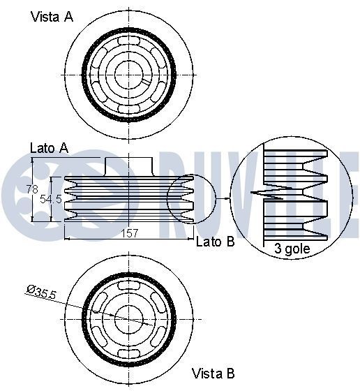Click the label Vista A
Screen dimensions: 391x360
click(x=52, y=17)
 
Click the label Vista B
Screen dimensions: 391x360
click(x=213, y=374)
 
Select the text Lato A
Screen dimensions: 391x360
click(x=49, y=147)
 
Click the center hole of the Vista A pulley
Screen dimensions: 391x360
click(x=128, y=71)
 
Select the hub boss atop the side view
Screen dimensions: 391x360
click(x=128, y=165)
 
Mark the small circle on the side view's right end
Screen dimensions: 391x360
click(x=190, y=198)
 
